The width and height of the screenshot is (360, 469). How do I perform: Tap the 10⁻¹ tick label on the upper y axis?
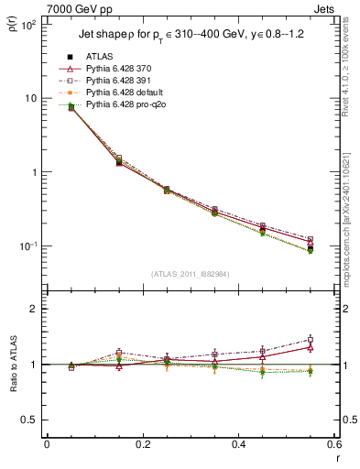click(27, 246)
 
